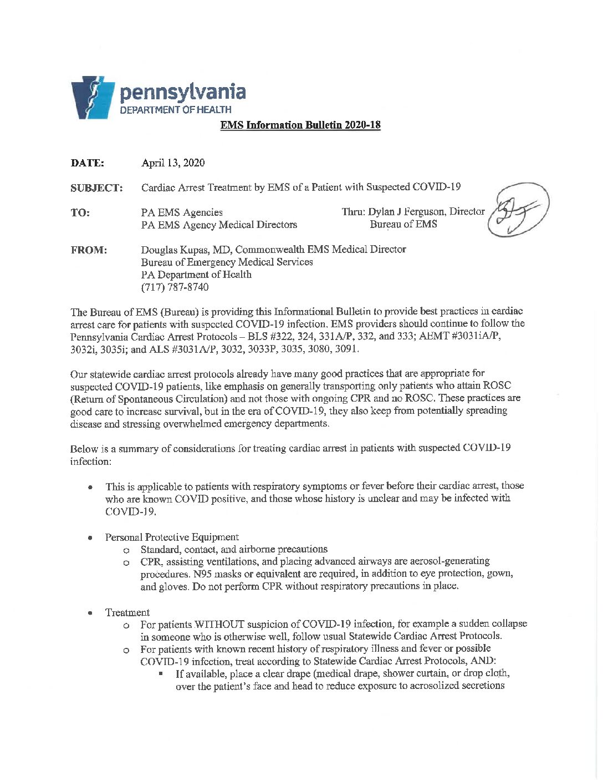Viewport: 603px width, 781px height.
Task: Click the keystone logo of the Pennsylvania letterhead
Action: click(93, 98)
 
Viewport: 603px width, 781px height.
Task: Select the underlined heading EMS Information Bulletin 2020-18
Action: click(300, 125)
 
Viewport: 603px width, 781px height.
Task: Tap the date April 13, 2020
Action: click(173, 163)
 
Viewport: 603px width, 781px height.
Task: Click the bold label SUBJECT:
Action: click(96, 188)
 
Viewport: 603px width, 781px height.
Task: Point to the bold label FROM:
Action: click(89, 250)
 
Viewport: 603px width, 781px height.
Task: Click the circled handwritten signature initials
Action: click(518, 211)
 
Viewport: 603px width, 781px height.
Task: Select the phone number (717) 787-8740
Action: click(175, 287)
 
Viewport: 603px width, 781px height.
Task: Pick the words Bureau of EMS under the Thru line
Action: click(403, 224)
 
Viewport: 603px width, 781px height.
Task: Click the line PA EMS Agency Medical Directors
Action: click(219, 225)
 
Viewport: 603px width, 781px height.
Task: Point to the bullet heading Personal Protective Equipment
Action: click(172, 537)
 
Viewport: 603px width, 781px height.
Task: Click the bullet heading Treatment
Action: click(127, 612)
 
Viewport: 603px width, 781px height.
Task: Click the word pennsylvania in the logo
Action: click(183, 93)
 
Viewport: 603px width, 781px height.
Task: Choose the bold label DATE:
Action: click(87, 163)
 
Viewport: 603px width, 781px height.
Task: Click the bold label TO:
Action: click(80, 212)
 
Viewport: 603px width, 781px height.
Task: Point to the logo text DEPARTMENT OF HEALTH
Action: click(176, 110)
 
